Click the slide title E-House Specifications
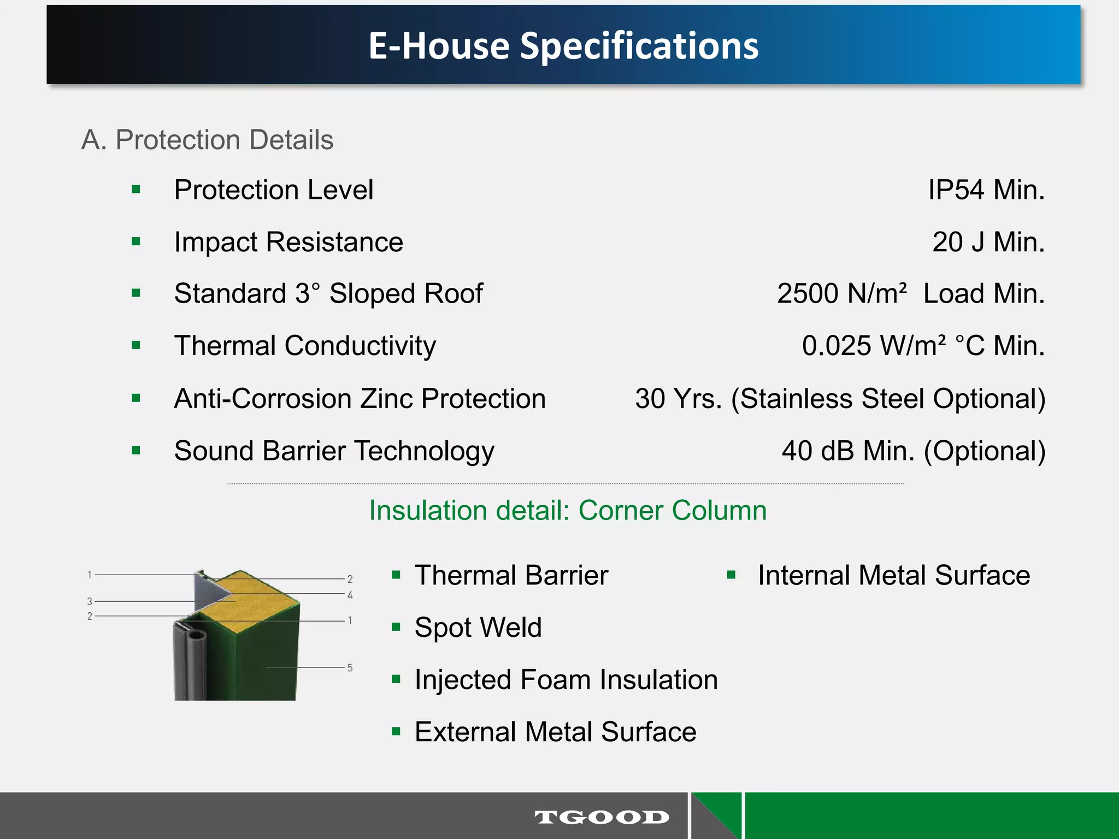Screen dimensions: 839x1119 (563, 45)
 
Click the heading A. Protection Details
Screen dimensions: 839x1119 (207, 140)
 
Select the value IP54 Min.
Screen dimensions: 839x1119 (986, 190)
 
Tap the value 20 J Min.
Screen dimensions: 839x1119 (988, 242)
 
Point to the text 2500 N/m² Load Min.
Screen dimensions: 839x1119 (910, 294)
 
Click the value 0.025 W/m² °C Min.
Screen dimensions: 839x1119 (923, 346)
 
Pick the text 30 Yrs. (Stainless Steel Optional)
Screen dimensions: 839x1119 (840, 399)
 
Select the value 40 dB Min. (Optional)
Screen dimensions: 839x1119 (913, 451)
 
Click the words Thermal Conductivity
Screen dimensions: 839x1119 (305, 346)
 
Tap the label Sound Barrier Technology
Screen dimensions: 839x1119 (334, 451)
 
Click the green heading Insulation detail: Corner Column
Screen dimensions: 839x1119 (568, 511)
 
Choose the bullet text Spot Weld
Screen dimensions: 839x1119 (478, 628)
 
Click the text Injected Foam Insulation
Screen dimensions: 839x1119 (566, 680)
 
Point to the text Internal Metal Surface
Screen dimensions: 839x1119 (893, 576)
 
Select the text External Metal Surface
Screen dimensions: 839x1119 (555, 732)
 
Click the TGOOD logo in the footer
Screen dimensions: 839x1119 (602, 817)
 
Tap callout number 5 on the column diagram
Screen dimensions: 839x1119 (350, 668)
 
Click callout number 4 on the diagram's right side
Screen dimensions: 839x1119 (350, 595)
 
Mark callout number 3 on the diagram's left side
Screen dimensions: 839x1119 (90, 601)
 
